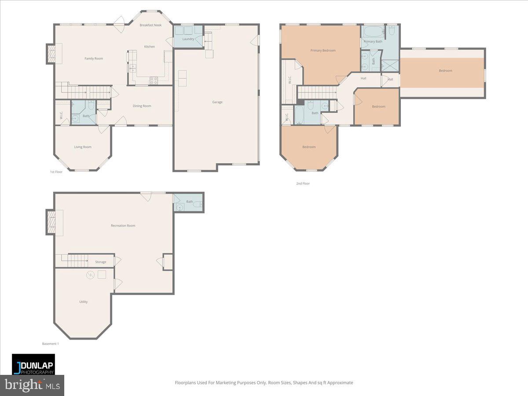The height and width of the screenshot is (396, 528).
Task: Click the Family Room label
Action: click(93, 59)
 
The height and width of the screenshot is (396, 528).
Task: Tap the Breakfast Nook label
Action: click(150, 25)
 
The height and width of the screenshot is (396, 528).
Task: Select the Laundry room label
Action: click(188, 39)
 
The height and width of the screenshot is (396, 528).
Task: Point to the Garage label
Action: click(217, 102)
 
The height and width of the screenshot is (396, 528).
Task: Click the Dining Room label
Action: click(142, 106)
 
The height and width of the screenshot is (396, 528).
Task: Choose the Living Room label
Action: click(83, 147)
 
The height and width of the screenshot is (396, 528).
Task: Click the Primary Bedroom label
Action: click(323, 51)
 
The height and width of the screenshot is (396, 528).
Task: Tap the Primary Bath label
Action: click(373, 41)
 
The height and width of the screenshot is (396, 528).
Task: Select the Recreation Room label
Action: click(123, 226)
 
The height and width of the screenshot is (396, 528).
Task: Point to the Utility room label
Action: click(83, 302)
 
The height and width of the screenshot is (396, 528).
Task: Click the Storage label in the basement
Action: click(101, 262)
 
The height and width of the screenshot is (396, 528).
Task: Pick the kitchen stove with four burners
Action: click(154, 80)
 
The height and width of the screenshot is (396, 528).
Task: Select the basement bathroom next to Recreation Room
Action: click(189, 203)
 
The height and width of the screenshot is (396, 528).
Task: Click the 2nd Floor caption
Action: click(303, 183)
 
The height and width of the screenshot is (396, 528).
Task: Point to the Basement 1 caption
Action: click(50, 344)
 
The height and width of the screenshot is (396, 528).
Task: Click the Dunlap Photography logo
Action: click(33, 364)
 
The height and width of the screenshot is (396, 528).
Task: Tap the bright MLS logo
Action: click(32, 385)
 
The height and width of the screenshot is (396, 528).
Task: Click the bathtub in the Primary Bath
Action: click(374, 32)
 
